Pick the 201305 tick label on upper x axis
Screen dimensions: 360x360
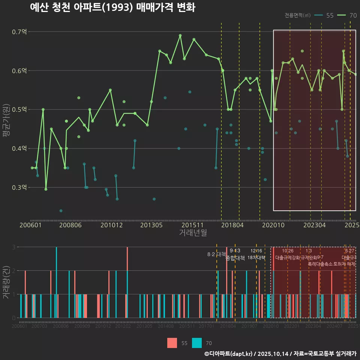click(151, 225)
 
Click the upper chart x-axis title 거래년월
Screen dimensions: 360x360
click(193, 233)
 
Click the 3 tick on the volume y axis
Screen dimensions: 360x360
click(14, 247)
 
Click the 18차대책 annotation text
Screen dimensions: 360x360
click(256, 258)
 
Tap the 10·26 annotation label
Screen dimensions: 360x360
click(288, 251)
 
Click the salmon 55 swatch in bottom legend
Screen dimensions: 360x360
click(172, 343)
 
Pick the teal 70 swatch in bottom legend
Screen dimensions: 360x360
click(197, 343)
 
